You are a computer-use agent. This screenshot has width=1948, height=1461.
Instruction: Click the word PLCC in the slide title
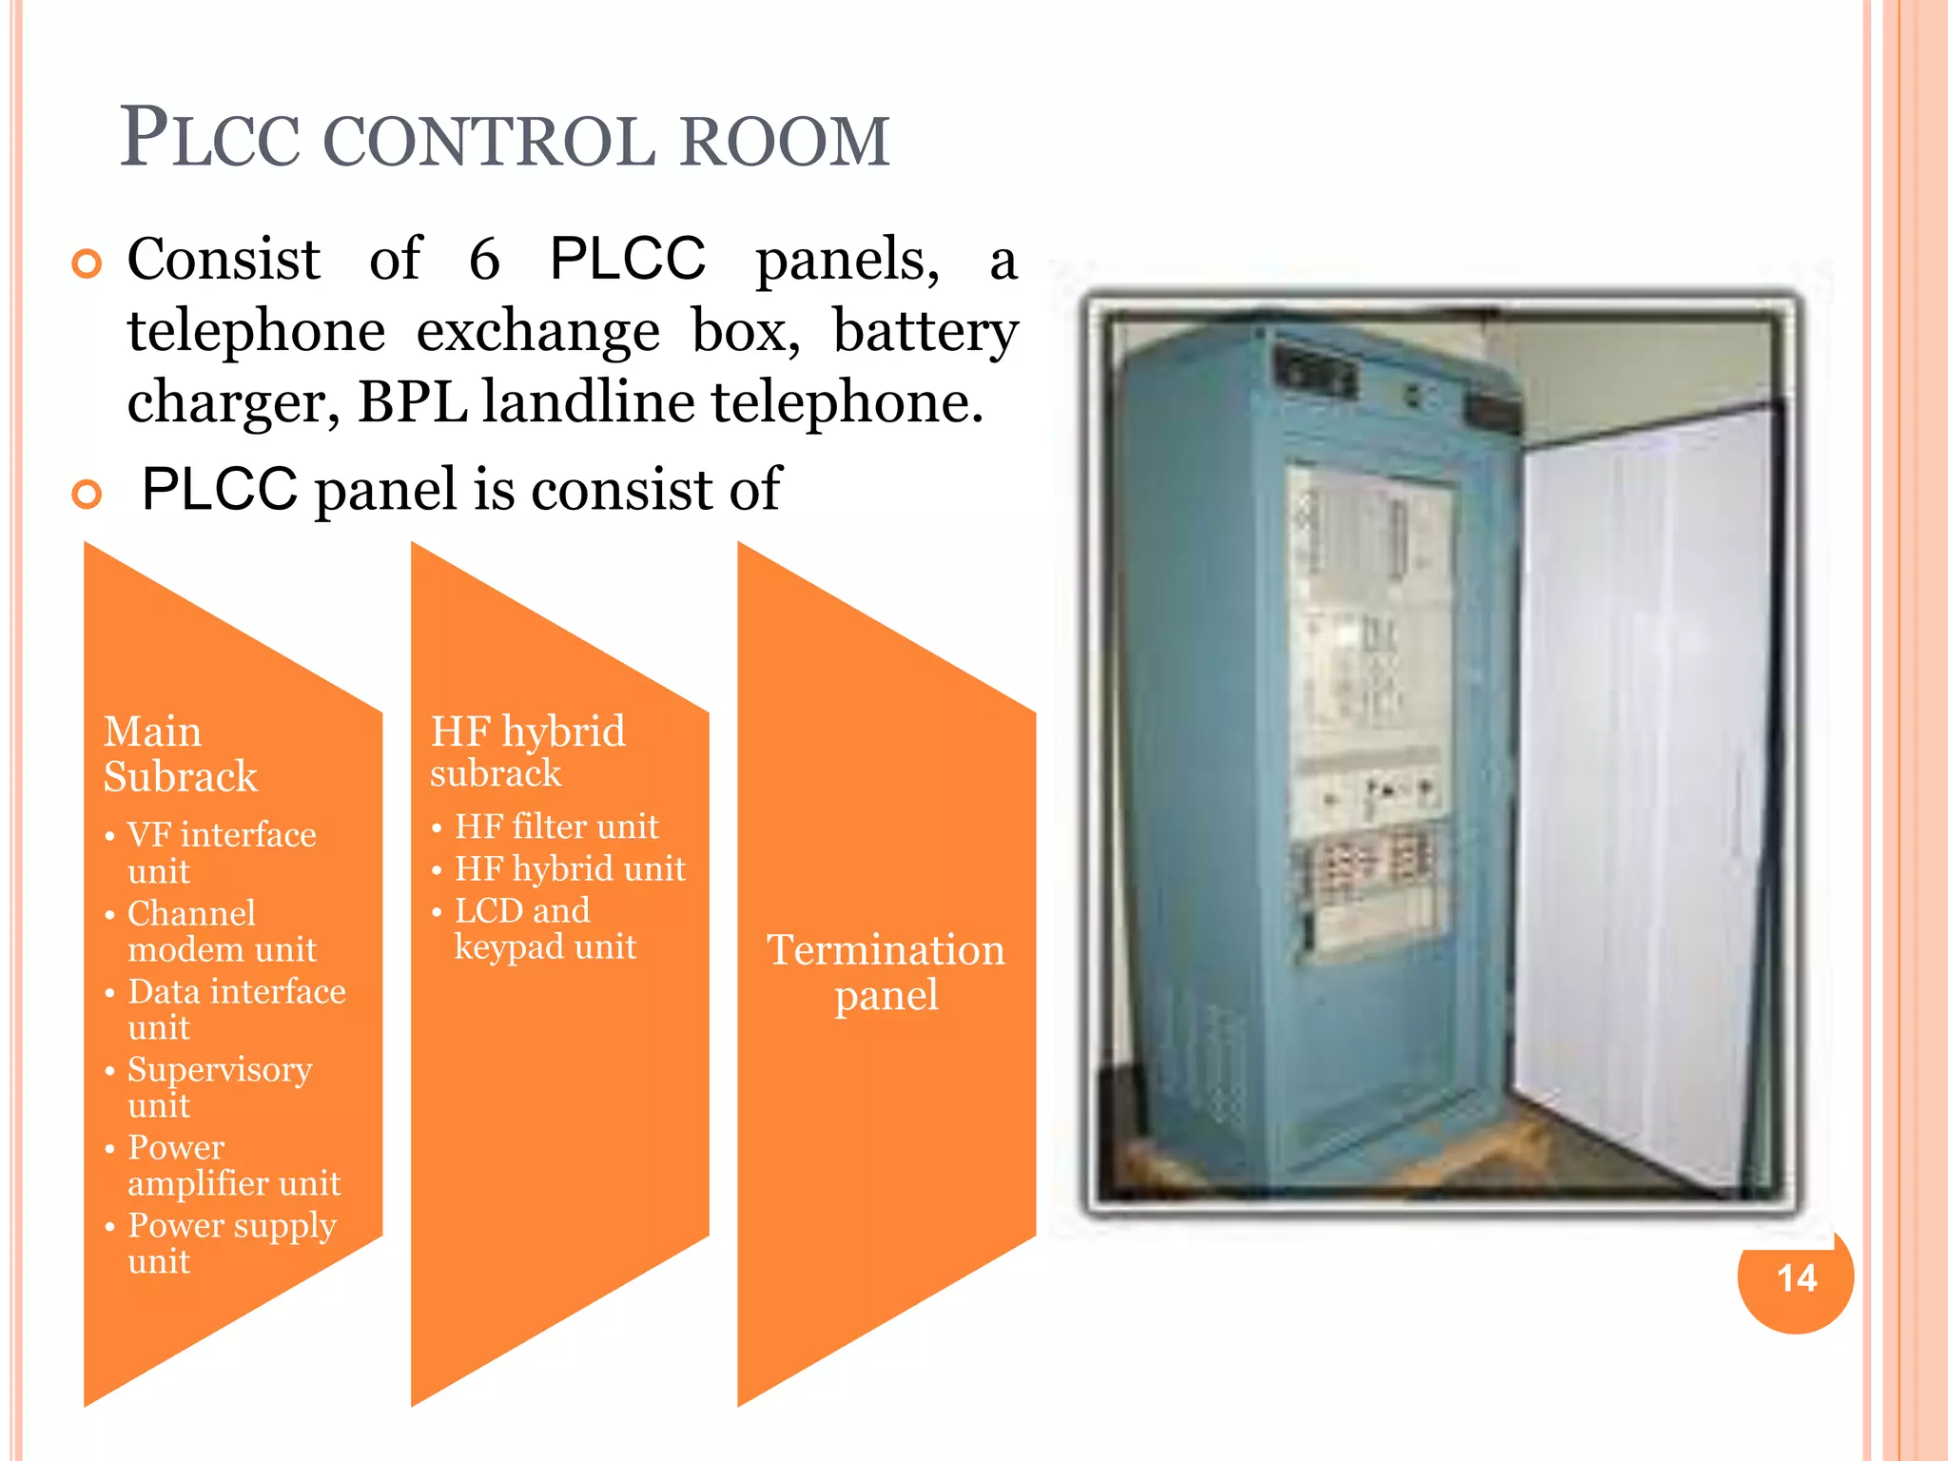pos(210,140)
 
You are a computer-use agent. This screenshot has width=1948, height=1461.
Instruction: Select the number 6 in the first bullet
pos(484,259)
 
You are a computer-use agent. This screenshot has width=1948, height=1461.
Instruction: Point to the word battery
pos(925,333)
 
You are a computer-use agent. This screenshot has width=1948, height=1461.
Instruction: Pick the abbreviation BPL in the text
pos(412,402)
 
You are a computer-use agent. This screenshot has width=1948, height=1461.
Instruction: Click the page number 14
pos(1796,1277)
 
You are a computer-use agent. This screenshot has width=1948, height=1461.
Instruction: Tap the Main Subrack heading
pos(180,754)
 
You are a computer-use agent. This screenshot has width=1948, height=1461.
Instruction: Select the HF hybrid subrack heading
pos(527,751)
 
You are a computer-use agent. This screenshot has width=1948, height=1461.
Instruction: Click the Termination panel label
pos(886,972)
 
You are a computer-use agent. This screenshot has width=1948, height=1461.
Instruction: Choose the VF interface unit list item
pos(221,852)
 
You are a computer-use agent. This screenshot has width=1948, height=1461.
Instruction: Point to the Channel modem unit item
pos(221,931)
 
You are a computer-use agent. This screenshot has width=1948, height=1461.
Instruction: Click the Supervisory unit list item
pos(219,1087)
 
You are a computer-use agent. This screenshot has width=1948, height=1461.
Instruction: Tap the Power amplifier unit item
pos(233,1165)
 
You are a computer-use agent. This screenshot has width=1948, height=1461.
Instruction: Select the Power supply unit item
pos(231,1243)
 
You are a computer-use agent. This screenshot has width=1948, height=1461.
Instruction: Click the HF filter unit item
pos(555,827)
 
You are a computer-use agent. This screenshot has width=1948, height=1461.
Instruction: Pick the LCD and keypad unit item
pos(544,928)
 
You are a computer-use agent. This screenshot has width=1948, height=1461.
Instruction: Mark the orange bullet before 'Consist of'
pos(87,263)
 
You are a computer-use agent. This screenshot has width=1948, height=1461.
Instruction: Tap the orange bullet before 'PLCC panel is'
pos(87,494)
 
